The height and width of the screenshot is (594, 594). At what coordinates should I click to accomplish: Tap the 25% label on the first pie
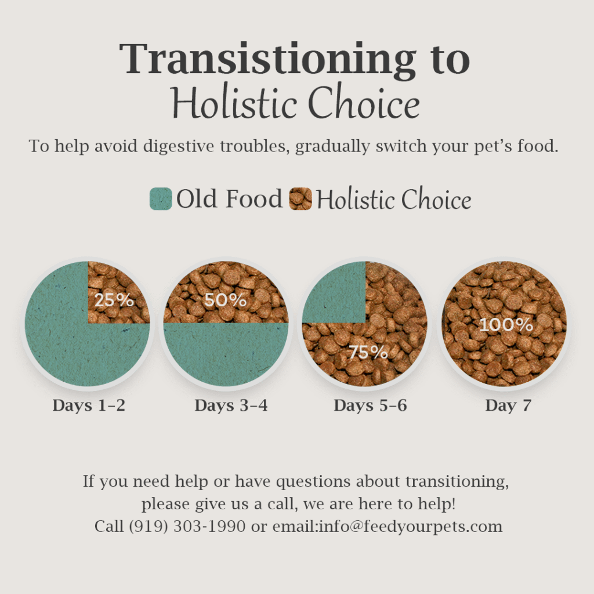pyautogui.click(x=114, y=300)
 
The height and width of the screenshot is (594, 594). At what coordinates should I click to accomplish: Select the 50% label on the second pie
pyautogui.click(x=226, y=300)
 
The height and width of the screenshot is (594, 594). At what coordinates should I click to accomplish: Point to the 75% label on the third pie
pyautogui.click(x=368, y=352)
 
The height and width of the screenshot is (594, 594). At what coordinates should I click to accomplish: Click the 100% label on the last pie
pyautogui.click(x=506, y=325)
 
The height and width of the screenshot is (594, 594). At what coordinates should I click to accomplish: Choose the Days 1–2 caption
pyautogui.click(x=89, y=405)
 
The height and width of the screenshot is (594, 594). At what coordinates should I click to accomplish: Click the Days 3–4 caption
pyautogui.click(x=231, y=405)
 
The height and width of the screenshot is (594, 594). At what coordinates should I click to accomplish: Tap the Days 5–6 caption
pyautogui.click(x=371, y=405)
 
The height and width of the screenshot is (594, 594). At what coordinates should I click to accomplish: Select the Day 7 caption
pyautogui.click(x=508, y=405)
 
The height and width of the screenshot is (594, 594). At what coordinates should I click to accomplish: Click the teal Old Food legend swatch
pyautogui.click(x=161, y=199)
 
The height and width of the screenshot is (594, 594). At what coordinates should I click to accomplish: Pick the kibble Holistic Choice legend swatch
pyautogui.click(x=300, y=199)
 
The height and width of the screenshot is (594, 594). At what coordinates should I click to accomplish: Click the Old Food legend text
pyautogui.click(x=230, y=198)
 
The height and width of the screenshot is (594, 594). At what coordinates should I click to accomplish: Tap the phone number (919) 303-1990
pyautogui.click(x=187, y=526)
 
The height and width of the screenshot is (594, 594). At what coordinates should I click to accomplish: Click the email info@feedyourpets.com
pyautogui.click(x=411, y=526)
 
